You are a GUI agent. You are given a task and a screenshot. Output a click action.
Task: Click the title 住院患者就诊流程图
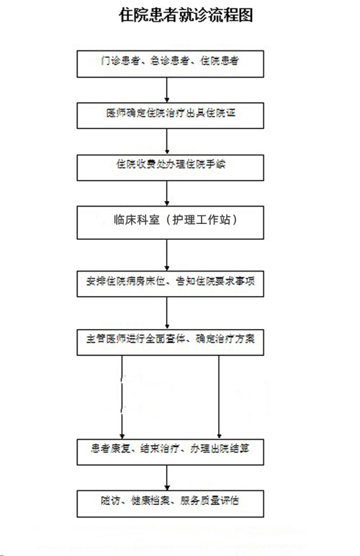point(186,15)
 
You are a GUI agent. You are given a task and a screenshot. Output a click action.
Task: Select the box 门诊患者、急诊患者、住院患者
point(170,64)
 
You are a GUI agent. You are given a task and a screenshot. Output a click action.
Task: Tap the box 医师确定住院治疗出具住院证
point(170,116)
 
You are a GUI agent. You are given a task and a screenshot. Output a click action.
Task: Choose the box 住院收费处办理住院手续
point(170,168)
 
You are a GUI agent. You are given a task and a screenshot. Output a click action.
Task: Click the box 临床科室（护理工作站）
point(170,223)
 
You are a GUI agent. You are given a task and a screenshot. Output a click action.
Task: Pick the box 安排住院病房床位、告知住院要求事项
point(170,284)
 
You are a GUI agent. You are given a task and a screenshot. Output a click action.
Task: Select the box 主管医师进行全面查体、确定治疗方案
point(170,343)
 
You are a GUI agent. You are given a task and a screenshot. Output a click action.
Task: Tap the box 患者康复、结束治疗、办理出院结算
point(170,452)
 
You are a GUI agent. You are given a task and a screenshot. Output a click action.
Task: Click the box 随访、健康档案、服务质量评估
point(170,504)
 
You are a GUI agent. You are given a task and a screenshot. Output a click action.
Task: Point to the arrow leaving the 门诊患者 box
point(167,90)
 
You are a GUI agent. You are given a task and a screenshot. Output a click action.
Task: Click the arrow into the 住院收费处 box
point(167,141)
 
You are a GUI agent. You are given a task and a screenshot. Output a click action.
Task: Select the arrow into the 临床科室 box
point(167,193)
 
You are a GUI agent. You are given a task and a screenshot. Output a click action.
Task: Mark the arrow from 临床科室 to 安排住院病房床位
point(167,255)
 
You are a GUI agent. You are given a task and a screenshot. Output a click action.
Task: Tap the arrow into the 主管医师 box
point(167,313)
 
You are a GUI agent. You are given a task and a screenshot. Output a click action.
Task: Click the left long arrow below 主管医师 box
point(122,397)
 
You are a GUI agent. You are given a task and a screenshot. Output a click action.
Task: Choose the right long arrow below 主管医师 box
point(219,397)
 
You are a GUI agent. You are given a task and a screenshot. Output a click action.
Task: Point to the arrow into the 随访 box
point(167,477)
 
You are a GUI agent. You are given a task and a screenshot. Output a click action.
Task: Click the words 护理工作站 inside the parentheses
point(202,220)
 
